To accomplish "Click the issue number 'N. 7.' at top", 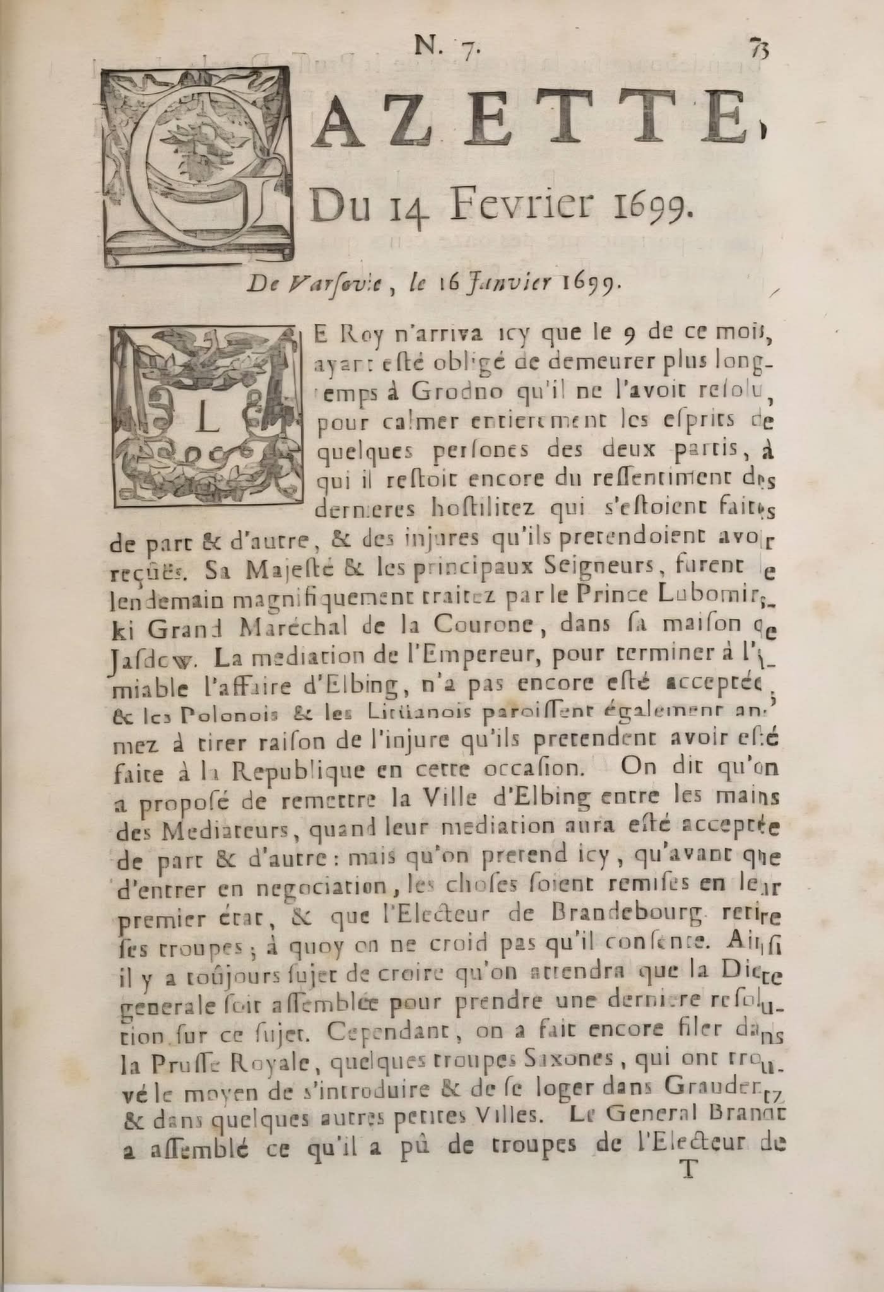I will pos(446,47).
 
